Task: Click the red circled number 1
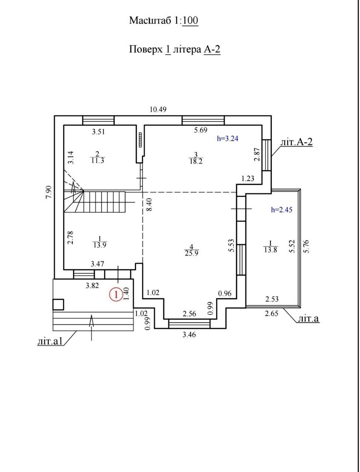pos(116,295)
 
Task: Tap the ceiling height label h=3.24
pos(227,138)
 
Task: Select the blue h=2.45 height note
pos(281,210)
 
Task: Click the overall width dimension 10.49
pos(158,109)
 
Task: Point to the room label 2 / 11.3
pos(98,157)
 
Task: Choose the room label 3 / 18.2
pos(196,158)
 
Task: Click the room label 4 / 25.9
pos(191,250)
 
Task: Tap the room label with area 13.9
pos(100,242)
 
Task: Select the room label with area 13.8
pos(270,247)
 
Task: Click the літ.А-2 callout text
pos(297,142)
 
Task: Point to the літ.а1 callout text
pos(51,341)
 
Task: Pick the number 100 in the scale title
pos(190,20)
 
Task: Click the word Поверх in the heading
pos(146,50)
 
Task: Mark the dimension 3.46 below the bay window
pos(189,335)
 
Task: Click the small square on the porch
pos(58,305)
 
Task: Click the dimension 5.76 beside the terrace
pos(306,247)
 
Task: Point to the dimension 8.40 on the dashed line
pos(150,205)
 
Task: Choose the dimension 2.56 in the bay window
pos(189,314)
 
